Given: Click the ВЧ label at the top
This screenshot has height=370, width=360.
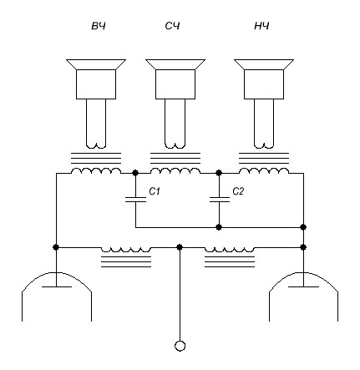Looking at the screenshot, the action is click(x=99, y=26).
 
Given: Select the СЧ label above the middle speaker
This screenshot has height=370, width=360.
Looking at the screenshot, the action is click(x=172, y=26).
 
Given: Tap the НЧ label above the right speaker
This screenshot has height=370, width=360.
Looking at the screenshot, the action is click(x=261, y=26).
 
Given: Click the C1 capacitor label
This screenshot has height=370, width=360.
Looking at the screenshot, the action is click(x=155, y=191).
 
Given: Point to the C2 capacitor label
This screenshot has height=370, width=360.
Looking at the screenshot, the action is click(x=238, y=191).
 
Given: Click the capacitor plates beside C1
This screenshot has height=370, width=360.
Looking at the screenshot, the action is click(x=135, y=200).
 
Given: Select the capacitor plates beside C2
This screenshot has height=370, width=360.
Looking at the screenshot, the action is click(x=220, y=200).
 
